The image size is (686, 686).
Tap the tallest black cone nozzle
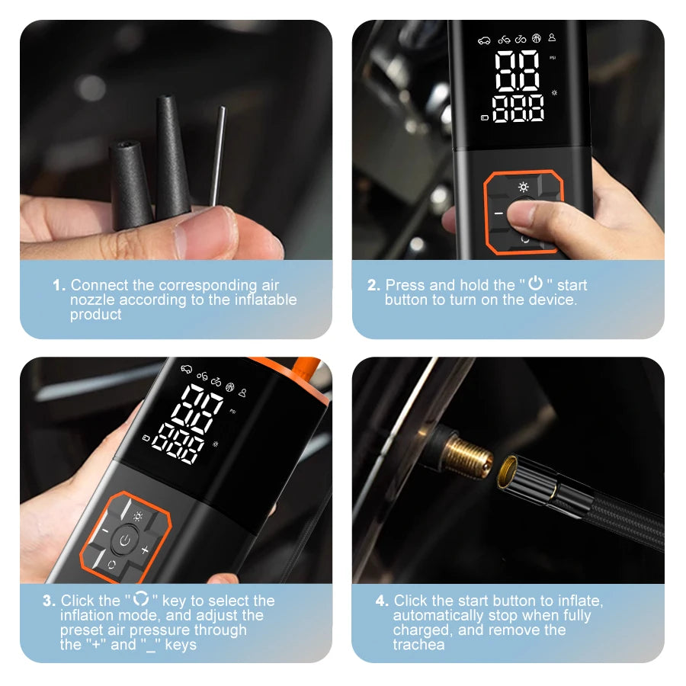point(173,156)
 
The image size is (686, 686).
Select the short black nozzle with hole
point(130,183)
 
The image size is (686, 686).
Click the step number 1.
point(59,286)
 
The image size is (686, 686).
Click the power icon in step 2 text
point(536,284)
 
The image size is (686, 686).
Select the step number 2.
point(373,286)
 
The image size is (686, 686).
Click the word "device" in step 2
point(552,300)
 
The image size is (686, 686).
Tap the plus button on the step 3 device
point(145,549)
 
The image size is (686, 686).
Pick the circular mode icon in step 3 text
point(140,600)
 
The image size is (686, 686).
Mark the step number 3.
point(49,601)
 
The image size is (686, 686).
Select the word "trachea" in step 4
point(419,646)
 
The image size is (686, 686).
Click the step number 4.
point(382,601)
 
